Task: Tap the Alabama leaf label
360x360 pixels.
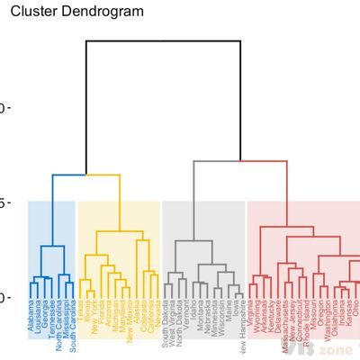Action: click(x=31, y=320)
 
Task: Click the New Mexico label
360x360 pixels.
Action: click(x=130, y=324)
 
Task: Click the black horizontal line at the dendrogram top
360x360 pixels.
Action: click(x=163, y=40)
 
